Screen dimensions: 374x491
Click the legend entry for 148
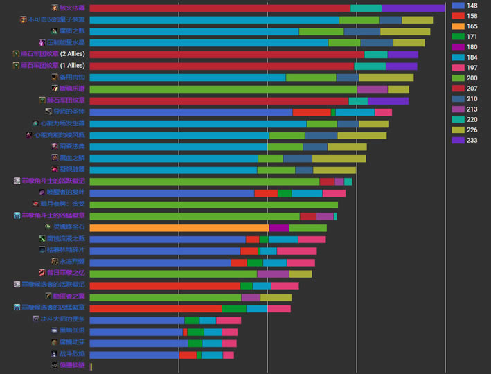467,6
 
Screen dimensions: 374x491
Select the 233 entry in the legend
467,139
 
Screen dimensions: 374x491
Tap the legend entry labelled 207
467,88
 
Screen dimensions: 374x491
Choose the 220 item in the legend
467,118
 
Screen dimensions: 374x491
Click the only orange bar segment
179,228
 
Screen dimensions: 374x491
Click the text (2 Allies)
73,54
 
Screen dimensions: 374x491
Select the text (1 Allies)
73,66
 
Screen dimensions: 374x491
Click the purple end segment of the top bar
413,8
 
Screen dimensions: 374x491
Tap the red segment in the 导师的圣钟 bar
312,112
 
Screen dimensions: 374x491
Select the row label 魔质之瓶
72,31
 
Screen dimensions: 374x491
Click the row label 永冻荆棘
73,262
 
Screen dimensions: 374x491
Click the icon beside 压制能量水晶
43,43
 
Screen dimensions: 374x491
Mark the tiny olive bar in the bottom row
91,366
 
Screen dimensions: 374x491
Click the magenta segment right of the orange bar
279,228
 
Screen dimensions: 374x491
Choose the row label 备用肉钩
73,78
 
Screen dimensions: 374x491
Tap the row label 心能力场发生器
62,123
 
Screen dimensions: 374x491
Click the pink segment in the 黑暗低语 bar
229,331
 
